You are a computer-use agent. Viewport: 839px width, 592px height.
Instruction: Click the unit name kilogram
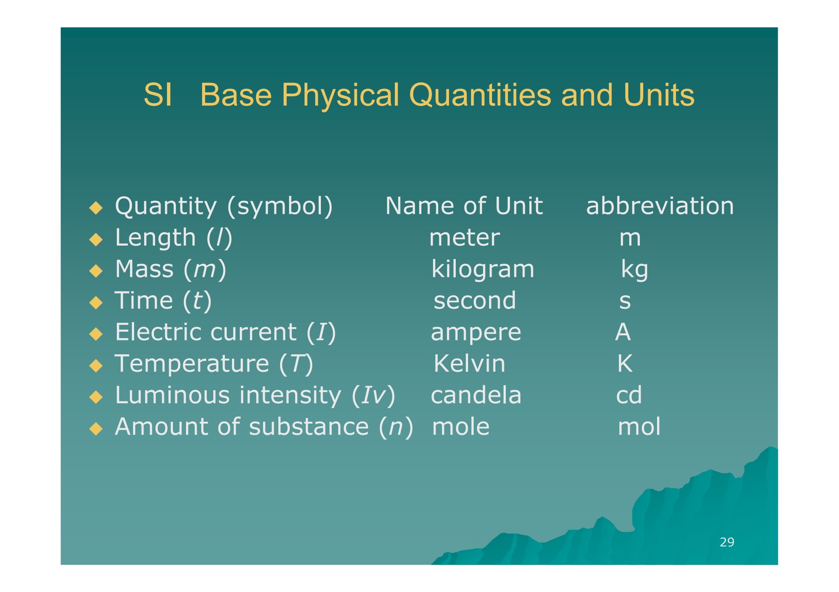coord(483,269)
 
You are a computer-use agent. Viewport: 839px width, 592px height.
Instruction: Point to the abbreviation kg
coord(634,269)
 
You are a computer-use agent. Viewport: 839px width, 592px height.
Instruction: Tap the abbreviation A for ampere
coord(623,331)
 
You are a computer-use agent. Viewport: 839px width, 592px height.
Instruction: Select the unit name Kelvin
coord(470,363)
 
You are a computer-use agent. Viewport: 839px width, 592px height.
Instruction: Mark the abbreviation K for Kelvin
coord(625,363)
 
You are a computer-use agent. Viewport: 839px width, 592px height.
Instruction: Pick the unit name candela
coord(476,395)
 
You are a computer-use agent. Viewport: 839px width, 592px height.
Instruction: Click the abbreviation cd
coord(629,395)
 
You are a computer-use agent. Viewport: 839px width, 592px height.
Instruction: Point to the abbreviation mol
coord(639,426)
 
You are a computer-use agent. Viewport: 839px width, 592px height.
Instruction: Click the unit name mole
coord(461,426)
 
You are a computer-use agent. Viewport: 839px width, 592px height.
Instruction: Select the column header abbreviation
coord(660,206)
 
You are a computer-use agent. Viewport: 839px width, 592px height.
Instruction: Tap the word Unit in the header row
coord(519,206)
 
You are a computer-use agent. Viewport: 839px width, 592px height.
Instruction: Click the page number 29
coord(727,542)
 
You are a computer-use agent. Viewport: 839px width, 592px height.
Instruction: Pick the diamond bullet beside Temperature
coord(96,366)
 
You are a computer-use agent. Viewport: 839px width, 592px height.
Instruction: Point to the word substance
coord(309,426)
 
